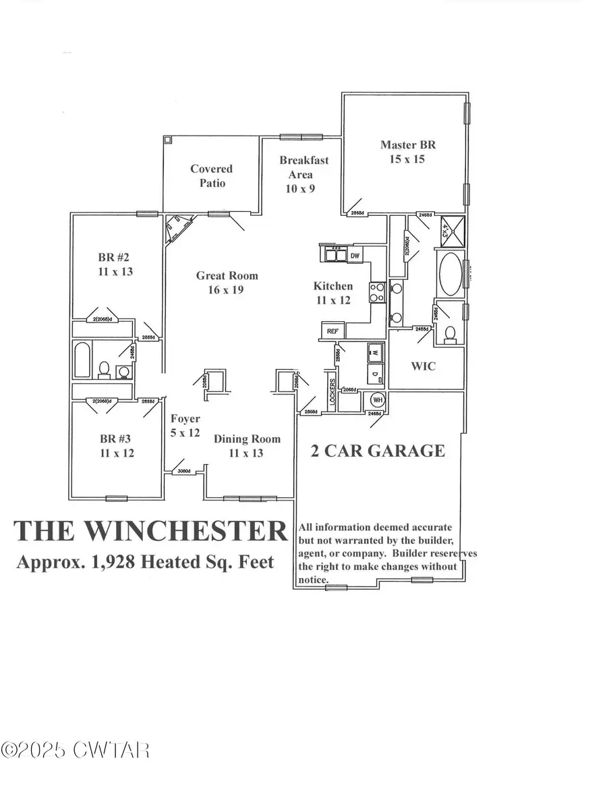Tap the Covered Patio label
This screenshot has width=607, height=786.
(211, 176)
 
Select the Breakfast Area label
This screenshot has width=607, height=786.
(304, 174)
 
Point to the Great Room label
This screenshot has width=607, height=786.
(227, 283)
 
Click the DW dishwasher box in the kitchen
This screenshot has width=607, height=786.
(355, 256)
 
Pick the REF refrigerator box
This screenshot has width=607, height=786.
(333, 331)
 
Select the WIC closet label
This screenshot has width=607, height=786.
(424, 366)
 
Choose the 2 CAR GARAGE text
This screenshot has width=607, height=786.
(378, 451)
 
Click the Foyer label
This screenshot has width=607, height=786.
(185, 426)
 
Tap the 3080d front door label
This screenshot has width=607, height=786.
(183, 471)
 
